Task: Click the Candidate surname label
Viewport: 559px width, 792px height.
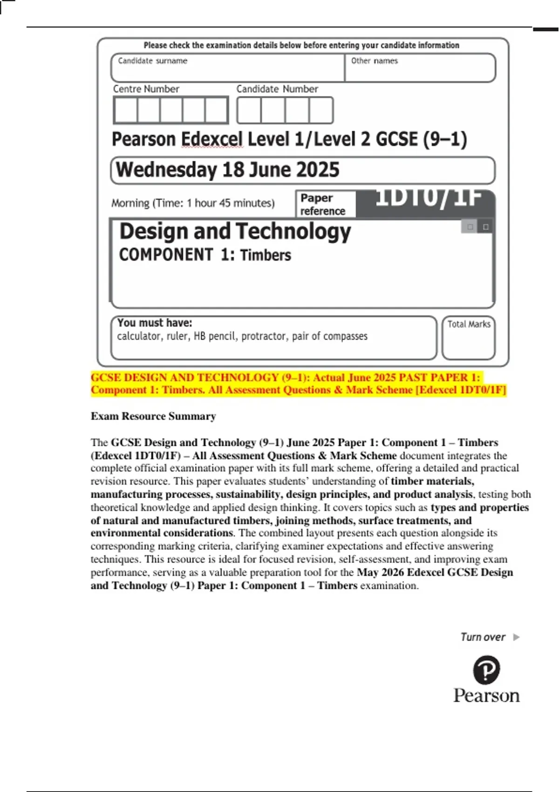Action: pos(152,61)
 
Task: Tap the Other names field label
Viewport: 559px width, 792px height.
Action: pos(374,61)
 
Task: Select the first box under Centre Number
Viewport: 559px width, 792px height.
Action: pos(126,110)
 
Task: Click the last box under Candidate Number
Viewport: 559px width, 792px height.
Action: pos(321,110)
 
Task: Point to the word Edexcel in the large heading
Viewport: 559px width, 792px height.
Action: pos(212,139)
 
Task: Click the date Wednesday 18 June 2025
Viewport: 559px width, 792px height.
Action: pos(227,170)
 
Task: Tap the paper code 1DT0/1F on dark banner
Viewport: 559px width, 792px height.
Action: pos(428,198)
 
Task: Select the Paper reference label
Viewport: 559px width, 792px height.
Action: pos(322,205)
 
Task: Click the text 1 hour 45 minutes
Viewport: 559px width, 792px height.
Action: pos(231,203)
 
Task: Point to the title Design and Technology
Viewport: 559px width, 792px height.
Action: pos(235,232)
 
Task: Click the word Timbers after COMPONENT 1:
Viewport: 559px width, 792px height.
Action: pos(266,255)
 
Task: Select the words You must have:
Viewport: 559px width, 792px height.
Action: pos(155,323)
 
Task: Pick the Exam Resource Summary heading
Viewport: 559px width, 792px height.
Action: pos(153,416)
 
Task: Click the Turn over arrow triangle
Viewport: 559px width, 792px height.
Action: pos(516,637)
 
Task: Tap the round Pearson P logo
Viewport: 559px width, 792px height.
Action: pos(486,670)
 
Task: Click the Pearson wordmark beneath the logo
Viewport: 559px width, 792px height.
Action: pos(486,696)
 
